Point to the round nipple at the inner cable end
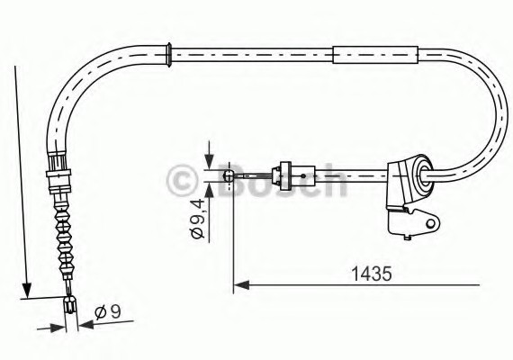[230, 175]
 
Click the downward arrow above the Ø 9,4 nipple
[210, 161]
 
